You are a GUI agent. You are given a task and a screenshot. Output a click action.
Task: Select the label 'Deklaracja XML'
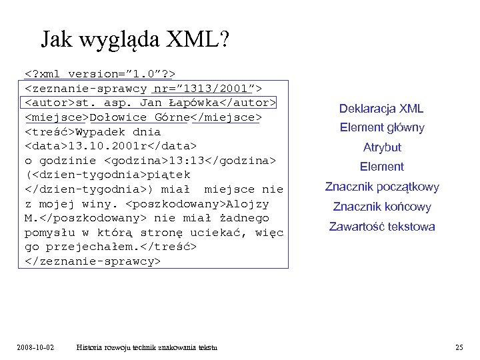[381, 109]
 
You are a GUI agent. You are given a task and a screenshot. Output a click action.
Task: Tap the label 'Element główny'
[381, 127]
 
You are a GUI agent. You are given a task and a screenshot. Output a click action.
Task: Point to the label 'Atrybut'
[381, 147]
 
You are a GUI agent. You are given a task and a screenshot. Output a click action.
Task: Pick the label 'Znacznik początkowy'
[381, 187]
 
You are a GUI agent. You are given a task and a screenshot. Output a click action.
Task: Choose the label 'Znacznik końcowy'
[381, 207]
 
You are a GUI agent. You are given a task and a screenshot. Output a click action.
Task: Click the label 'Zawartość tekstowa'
[381, 227]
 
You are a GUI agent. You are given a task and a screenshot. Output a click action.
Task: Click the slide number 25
[459, 347]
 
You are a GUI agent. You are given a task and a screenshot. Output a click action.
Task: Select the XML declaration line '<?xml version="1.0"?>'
[100, 73]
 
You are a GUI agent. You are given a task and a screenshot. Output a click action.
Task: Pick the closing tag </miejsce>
[226, 117]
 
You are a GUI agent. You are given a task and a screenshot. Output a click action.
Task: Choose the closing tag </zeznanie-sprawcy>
[93, 261]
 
